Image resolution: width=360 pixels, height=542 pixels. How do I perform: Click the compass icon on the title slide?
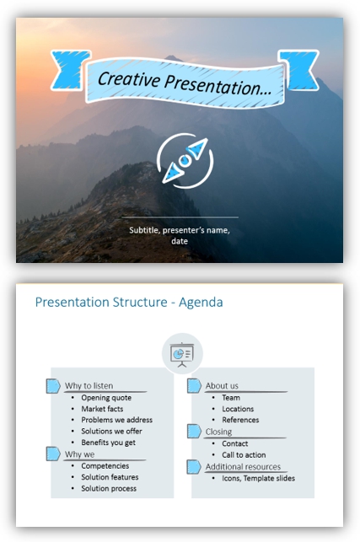click(185, 161)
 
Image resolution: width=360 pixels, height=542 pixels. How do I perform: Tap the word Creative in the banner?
click(129, 79)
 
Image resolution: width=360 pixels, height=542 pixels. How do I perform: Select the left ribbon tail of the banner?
click(71, 70)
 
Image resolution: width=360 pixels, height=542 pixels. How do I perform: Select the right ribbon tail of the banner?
click(298, 70)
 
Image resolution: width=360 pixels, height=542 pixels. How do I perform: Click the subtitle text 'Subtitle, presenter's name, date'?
click(180, 235)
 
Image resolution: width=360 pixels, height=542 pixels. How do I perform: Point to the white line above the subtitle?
click(180, 217)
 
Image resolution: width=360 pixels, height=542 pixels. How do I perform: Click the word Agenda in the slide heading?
click(201, 302)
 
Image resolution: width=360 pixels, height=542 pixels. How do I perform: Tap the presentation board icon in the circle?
click(182, 355)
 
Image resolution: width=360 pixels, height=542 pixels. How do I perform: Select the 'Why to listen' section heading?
click(89, 385)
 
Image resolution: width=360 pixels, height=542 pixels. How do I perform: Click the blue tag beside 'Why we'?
click(53, 453)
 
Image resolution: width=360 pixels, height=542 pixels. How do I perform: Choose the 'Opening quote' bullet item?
click(106, 398)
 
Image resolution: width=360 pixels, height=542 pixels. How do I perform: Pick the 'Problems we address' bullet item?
click(117, 420)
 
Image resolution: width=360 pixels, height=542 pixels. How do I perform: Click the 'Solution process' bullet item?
click(109, 488)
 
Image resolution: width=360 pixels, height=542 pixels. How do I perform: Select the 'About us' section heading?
click(222, 385)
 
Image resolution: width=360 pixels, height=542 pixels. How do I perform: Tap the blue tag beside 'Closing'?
click(194, 431)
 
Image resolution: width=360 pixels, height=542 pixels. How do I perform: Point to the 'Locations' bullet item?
click(238, 409)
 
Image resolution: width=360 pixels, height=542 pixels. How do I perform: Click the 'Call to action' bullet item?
click(244, 454)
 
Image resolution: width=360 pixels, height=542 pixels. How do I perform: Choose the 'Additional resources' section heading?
click(243, 467)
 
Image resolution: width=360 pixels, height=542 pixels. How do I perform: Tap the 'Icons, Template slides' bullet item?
click(258, 478)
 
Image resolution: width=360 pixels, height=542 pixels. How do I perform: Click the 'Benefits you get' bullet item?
click(108, 443)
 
